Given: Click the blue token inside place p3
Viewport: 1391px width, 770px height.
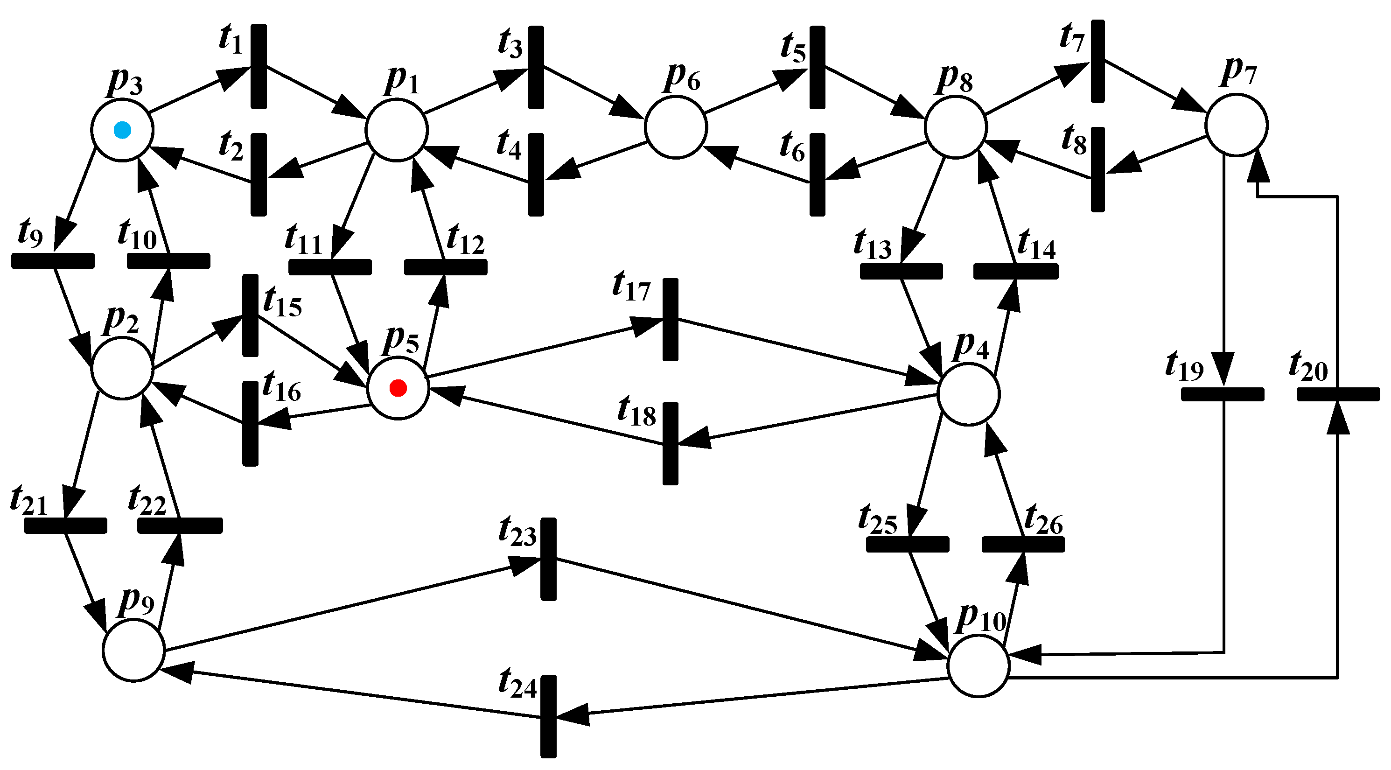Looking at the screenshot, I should [x=123, y=130].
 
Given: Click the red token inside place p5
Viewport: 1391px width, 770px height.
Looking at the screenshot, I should [x=398, y=388].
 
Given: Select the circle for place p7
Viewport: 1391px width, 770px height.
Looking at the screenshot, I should [x=1237, y=125].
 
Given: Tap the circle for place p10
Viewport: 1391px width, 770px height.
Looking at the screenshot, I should [x=979, y=666].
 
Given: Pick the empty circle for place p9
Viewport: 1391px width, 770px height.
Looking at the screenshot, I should [x=134, y=650].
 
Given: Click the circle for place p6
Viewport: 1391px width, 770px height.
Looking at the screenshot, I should [x=676, y=127].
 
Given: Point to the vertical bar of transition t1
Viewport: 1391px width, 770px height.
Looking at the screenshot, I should [x=259, y=66].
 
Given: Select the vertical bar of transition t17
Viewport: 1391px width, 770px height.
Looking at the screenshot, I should [x=670, y=320].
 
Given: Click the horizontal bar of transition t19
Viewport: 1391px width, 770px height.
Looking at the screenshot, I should [x=1223, y=394].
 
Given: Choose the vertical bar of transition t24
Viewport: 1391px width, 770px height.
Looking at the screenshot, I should [x=549, y=716].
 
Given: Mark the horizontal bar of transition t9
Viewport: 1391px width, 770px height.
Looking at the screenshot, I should [x=53, y=261].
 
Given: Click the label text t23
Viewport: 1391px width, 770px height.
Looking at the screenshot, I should [x=517, y=532].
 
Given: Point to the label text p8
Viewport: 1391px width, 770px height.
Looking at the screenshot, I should [x=955, y=79].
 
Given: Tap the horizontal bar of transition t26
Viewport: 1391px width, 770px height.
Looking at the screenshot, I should [x=1023, y=544].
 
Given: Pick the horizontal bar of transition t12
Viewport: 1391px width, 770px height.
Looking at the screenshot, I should [x=446, y=267].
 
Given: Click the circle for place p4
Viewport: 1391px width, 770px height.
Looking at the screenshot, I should [x=969, y=394].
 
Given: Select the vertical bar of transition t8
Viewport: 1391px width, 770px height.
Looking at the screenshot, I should [x=1097, y=169].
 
